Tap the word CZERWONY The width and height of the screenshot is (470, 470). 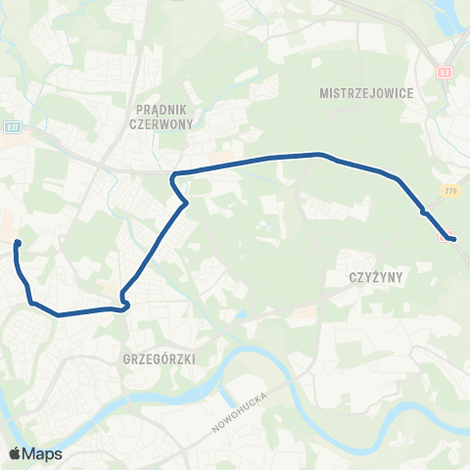tap(162, 124)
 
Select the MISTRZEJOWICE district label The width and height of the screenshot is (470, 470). tap(366, 93)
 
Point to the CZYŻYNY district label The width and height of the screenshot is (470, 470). tap(376, 277)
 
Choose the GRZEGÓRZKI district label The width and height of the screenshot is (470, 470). tap(162, 359)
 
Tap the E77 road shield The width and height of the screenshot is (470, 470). tap(12, 127)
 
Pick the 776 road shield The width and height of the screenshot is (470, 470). tap(449, 190)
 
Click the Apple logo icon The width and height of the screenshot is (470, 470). tap(15, 453)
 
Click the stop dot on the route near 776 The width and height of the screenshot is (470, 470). tap(423, 211)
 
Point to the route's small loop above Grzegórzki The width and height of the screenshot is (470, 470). tap(124, 304)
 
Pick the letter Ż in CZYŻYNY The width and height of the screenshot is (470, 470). tap(376, 277)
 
